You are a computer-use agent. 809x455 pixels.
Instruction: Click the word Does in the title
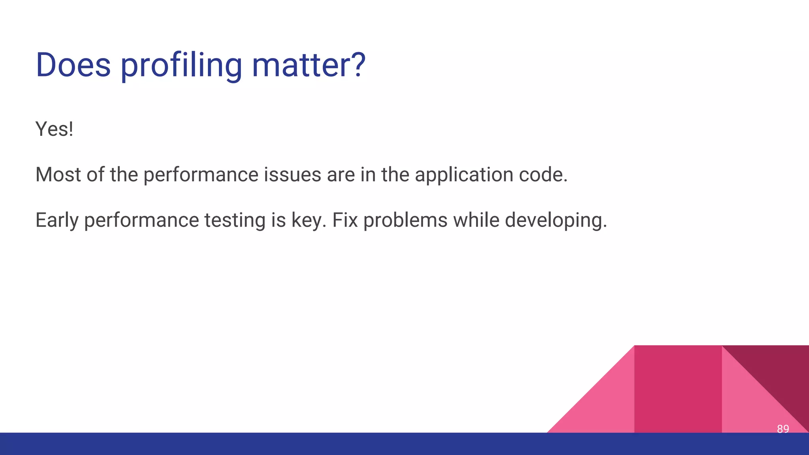[73, 65]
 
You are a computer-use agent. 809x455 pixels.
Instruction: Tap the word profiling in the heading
[181, 66]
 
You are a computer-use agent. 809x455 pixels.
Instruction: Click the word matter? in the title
[309, 65]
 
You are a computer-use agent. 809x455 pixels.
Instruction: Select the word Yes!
[55, 129]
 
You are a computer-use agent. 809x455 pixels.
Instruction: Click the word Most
[58, 175]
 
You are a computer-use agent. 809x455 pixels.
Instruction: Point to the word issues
[292, 175]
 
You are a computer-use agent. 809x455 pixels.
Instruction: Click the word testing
[235, 220]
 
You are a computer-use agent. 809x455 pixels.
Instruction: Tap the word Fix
[345, 220]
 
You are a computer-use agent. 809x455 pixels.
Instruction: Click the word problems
[405, 220]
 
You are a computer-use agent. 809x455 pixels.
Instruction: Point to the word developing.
[556, 221]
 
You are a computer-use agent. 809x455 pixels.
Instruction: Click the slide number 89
[783, 429]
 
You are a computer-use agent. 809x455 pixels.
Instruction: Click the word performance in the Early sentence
[141, 220]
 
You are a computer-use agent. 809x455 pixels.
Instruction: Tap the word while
[476, 220]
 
